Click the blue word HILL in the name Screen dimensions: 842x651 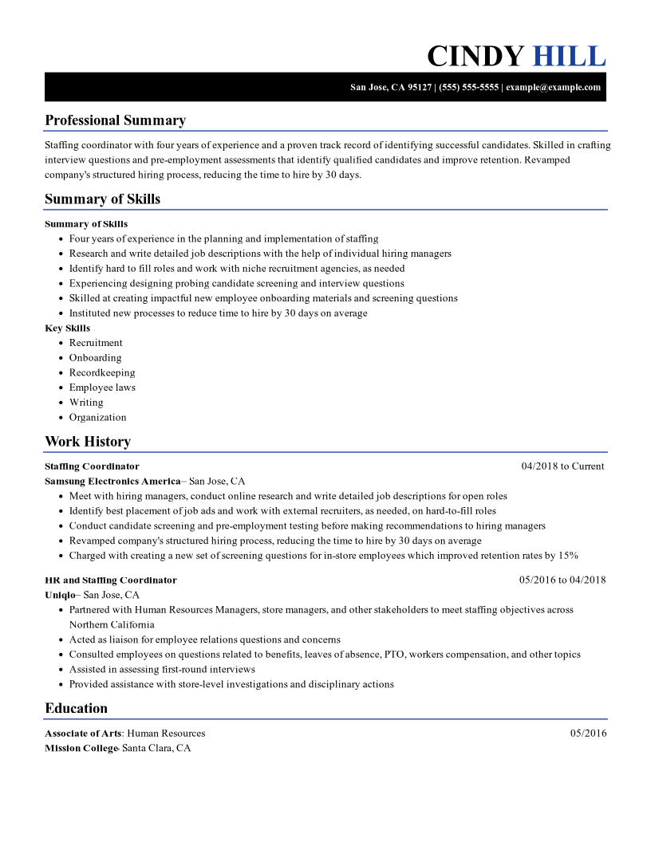(x=569, y=57)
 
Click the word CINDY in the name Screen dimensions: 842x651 (x=475, y=57)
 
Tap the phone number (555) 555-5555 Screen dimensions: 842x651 (x=469, y=87)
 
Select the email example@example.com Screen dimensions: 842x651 (x=553, y=87)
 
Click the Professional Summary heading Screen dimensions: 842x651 (x=115, y=120)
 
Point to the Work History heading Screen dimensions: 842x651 (x=88, y=442)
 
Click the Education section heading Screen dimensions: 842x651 (x=76, y=708)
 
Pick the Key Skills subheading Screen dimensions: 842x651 (x=67, y=328)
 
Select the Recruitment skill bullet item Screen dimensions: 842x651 (x=96, y=343)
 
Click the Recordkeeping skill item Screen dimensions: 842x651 (x=102, y=372)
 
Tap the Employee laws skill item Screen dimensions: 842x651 (x=102, y=388)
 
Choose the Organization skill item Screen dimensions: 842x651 (x=97, y=417)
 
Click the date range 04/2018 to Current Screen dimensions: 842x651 (x=562, y=466)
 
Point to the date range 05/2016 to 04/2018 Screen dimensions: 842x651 (x=562, y=580)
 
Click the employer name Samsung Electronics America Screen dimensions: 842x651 (x=112, y=482)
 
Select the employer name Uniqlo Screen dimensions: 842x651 (x=60, y=595)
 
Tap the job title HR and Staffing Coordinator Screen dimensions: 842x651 (x=111, y=580)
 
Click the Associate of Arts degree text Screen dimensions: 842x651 (x=83, y=734)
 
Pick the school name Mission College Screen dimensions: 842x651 (x=81, y=749)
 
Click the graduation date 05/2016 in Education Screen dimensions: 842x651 (x=588, y=734)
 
